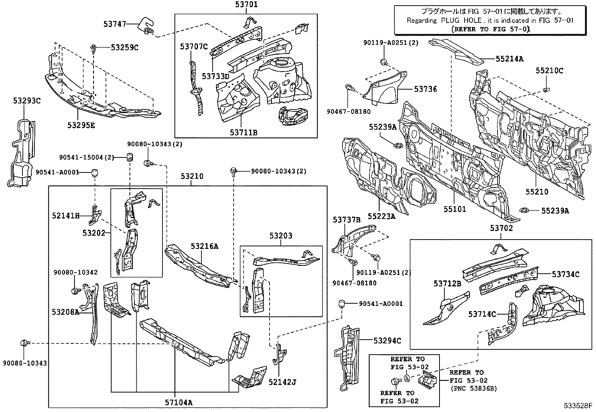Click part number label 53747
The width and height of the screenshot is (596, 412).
115,24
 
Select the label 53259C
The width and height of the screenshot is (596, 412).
124,48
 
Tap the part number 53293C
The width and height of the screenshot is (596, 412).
27,101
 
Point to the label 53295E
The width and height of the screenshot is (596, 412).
81,125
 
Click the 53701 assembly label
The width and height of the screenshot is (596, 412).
246,5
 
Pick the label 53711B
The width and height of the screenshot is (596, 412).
244,132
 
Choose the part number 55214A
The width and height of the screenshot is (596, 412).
510,58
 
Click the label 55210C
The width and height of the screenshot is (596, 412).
549,70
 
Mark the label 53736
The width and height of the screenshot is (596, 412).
425,89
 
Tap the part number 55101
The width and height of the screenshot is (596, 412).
455,209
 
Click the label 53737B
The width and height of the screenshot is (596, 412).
347,220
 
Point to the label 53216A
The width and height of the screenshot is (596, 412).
204,246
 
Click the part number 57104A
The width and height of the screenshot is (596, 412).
179,403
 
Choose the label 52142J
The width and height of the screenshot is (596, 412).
282,382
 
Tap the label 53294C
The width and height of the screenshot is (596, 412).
387,340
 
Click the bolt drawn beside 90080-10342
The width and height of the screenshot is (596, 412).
74,291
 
